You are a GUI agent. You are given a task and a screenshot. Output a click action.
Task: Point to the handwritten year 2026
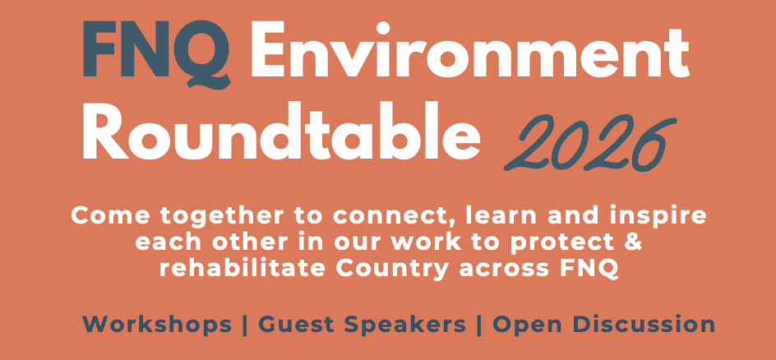coord(589,142)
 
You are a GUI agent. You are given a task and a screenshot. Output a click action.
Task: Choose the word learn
coord(502,217)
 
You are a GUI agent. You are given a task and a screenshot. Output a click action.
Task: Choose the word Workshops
coord(157,325)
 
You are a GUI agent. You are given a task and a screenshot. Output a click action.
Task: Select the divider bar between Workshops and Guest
coord(245,325)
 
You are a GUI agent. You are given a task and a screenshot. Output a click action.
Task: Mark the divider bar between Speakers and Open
coord(479,325)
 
